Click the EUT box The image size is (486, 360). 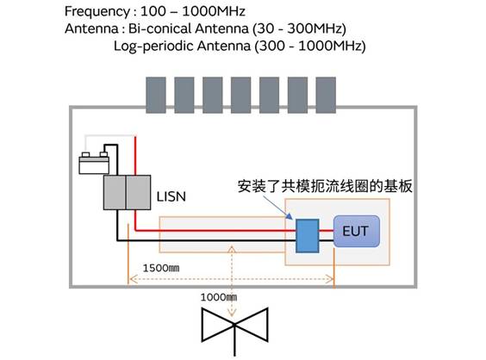pyautogui.click(x=357, y=231)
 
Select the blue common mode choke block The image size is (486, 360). pyautogui.click(x=307, y=236)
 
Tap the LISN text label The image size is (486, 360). pyautogui.click(x=171, y=196)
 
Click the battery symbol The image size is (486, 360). pyautogui.click(x=94, y=163)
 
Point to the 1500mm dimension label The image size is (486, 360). pyautogui.click(x=161, y=268)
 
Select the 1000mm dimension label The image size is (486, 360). pyautogui.click(x=219, y=297)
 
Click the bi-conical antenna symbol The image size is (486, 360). pyautogui.click(x=234, y=328)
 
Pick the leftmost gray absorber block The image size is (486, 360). pyautogui.click(x=156, y=95)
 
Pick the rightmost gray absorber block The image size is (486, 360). pyautogui.click(x=326, y=95)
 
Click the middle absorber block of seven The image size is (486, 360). pyautogui.click(x=240, y=95)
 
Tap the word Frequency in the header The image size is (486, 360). pyautogui.click(x=97, y=12)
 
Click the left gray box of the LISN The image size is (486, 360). pyautogui.click(x=115, y=192)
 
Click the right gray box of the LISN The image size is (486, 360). pyautogui.click(x=138, y=192)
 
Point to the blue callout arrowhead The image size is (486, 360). pyautogui.click(x=290, y=216)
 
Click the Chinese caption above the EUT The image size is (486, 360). pyautogui.click(x=325, y=186)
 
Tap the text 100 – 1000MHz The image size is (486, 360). pyautogui.click(x=193, y=11)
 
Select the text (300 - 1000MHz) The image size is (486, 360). pyautogui.click(x=310, y=47)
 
